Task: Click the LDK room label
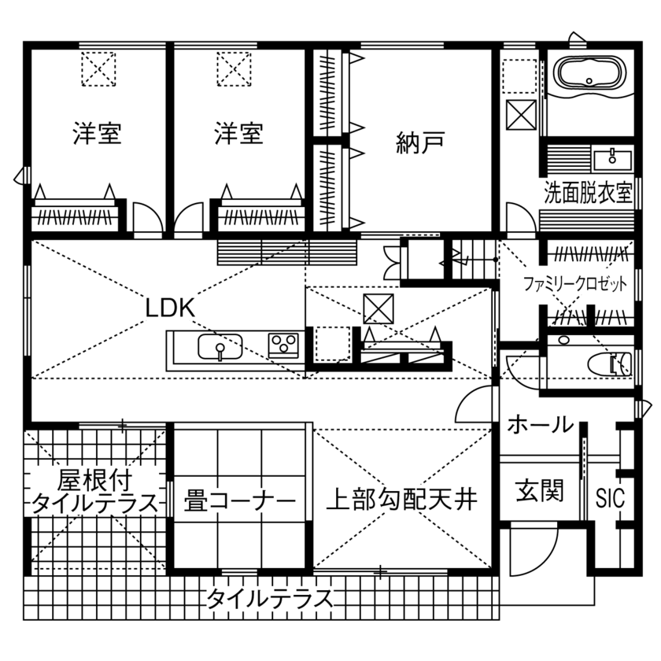point(169,308)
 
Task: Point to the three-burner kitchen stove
point(282,344)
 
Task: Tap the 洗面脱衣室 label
point(589,194)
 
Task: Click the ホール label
point(540,425)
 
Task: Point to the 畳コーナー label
point(240,500)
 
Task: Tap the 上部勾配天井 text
point(401,499)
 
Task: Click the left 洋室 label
point(98,134)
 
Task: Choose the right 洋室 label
point(238,134)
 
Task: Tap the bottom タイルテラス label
point(269,599)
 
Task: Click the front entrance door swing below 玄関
point(523,551)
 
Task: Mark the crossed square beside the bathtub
point(521,116)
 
